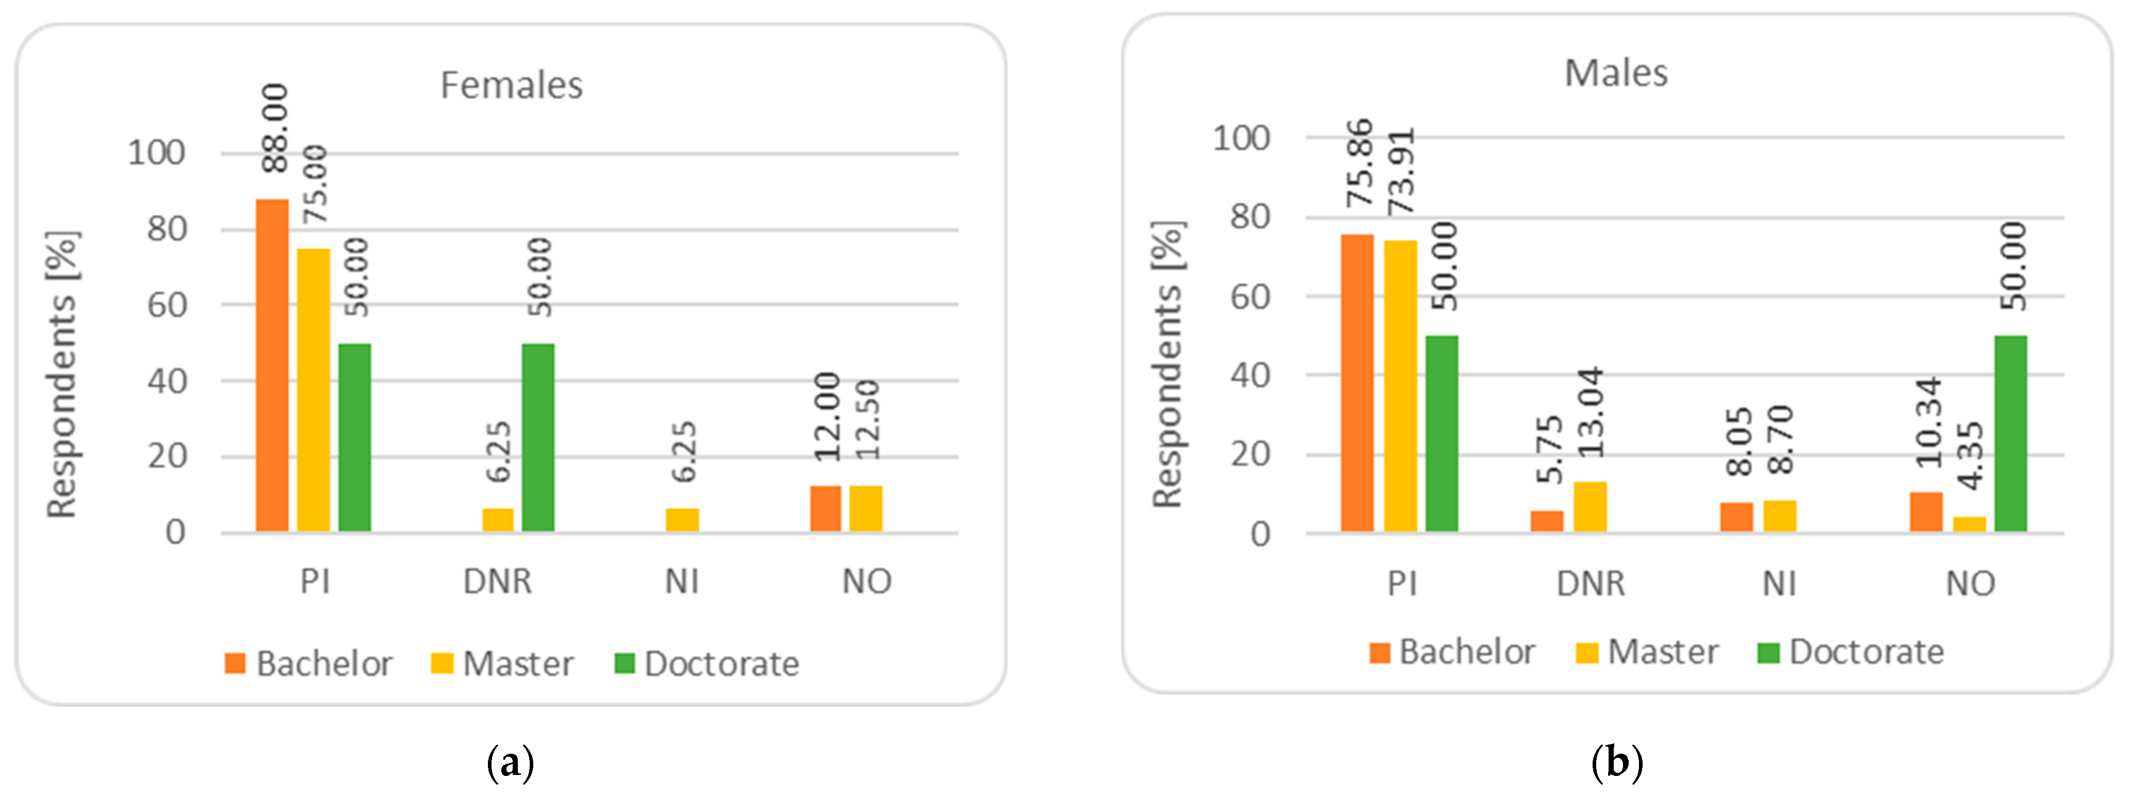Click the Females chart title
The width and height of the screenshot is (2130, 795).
[x=511, y=85]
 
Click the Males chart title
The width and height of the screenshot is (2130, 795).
[x=1616, y=74]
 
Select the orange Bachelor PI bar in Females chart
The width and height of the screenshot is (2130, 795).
[x=272, y=365]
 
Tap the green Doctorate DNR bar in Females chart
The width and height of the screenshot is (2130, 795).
[x=538, y=437]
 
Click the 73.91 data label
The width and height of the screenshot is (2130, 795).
[x=1401, y=171]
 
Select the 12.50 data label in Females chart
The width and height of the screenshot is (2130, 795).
[x=867, y=420]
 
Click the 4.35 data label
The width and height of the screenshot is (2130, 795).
[x=1970, y=456]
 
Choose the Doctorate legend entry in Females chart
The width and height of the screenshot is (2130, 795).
[x=707, y=664]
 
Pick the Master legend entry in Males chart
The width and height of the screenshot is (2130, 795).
[x=1647, y=652]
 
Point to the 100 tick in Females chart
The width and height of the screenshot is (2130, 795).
[x=156, y=153]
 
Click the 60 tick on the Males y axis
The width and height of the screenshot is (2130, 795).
[x=1249, y=296]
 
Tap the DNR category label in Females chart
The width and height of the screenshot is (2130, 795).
[x=497, y=582]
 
